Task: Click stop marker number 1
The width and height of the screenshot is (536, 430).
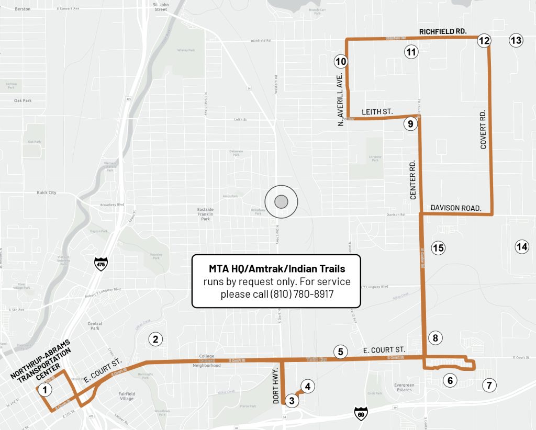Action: pos(45,389)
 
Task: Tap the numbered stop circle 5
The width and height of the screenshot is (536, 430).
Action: pos(340,352)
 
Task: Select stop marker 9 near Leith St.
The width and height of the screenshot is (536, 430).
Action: pos(410,124)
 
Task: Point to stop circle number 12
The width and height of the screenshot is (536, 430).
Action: pos(484,40)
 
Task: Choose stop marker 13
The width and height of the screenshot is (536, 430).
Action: pos(516,40)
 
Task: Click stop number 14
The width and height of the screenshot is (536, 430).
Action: pos(521,247)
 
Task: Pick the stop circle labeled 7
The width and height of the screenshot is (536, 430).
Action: pos(489,386)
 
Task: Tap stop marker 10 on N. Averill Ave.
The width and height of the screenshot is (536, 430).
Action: pos(341,61)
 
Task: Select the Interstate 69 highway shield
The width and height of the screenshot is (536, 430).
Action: pos(361,413)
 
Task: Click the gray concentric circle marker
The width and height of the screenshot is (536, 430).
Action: pos(281,201)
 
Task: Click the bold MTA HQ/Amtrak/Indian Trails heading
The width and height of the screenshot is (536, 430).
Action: pos(276,269)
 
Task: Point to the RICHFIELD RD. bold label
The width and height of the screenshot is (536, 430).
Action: pos(442,31)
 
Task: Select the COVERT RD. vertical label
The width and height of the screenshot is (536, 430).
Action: pos(483,129)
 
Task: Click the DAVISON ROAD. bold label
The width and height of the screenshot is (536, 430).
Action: pos(455,208)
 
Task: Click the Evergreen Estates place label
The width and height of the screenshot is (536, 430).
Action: pos(404,387)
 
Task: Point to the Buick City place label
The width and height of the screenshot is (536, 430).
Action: pos(46,193)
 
